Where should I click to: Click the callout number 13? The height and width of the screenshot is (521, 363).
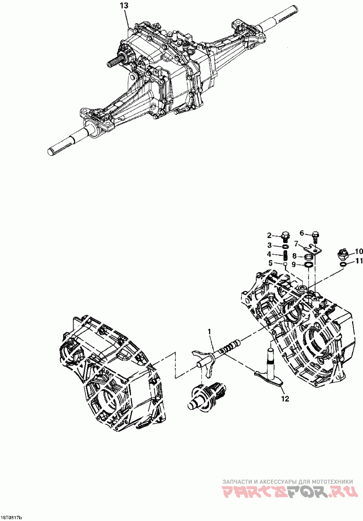click(123, 6)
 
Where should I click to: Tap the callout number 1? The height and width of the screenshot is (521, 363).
click(209, 332)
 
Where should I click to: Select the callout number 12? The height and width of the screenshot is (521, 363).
click(285, 399)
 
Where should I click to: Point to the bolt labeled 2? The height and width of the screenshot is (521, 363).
click(285, 236)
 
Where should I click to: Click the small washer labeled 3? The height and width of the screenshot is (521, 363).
click(285, 246)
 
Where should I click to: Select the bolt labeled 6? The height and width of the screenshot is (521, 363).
click(316, 236)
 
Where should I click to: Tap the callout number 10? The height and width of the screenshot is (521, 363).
click(358, 251)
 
